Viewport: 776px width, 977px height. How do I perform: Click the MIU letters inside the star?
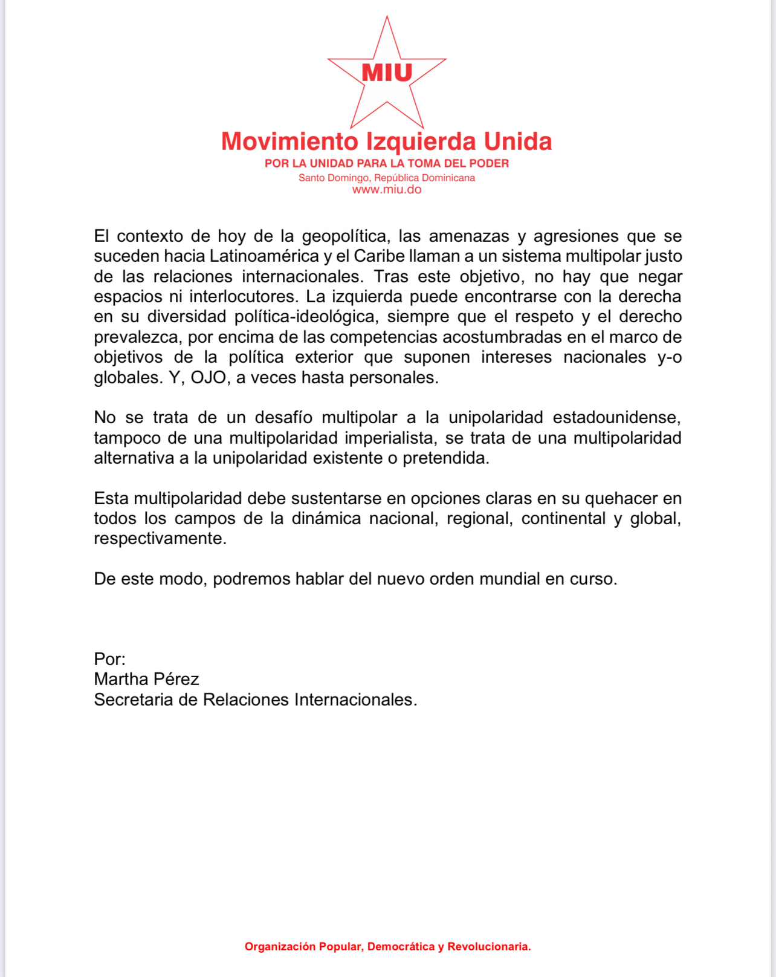coord(387,73)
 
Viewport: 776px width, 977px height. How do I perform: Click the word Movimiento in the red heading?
coord(289,141)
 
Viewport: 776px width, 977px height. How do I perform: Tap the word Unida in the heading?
coord(518,141)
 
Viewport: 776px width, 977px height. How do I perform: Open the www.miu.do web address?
coord(387,189)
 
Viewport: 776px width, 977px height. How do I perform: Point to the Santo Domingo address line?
coord(387,178)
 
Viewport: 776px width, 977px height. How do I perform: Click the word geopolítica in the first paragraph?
coord(344,236)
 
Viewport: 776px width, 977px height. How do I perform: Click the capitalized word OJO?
coord(209,378)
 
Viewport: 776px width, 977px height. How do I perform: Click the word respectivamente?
coord(160,539)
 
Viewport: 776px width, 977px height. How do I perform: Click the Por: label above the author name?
coord(109,659)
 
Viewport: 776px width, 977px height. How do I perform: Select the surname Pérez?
coord(175,680)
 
